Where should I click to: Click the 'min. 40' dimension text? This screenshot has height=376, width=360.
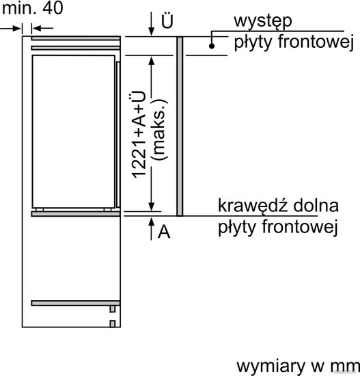(x=32, y=8)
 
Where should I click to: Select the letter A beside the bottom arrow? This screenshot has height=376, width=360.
(x=164, y=232)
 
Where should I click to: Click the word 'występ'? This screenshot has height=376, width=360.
(x=263, y=22)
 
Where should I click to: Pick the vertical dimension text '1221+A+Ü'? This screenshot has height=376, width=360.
(x=139, y=135)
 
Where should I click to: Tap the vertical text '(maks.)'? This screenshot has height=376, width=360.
(x=158, y=129)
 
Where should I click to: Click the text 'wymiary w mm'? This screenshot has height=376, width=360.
(x=298, y=366)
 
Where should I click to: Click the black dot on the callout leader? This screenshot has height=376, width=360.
(x=212, y=46)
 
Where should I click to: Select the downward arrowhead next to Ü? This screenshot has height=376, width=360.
(x=151, y=31)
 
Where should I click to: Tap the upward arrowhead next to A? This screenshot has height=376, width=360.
(x=151, y=221)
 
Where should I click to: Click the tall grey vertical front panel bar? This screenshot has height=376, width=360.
(x=180, y=126)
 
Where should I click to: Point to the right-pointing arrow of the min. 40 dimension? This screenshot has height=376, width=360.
(x=11, y=29)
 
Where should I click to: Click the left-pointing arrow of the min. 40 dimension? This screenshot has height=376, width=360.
(x=42, y=29)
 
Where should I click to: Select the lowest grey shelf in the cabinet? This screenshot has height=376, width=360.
(x=76, y=303)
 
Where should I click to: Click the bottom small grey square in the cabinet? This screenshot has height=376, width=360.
(x=113, y=324)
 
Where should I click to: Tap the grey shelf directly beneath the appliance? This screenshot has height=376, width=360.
(x=76, y=214)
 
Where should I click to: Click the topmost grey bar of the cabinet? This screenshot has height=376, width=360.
(x=76, y=38)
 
